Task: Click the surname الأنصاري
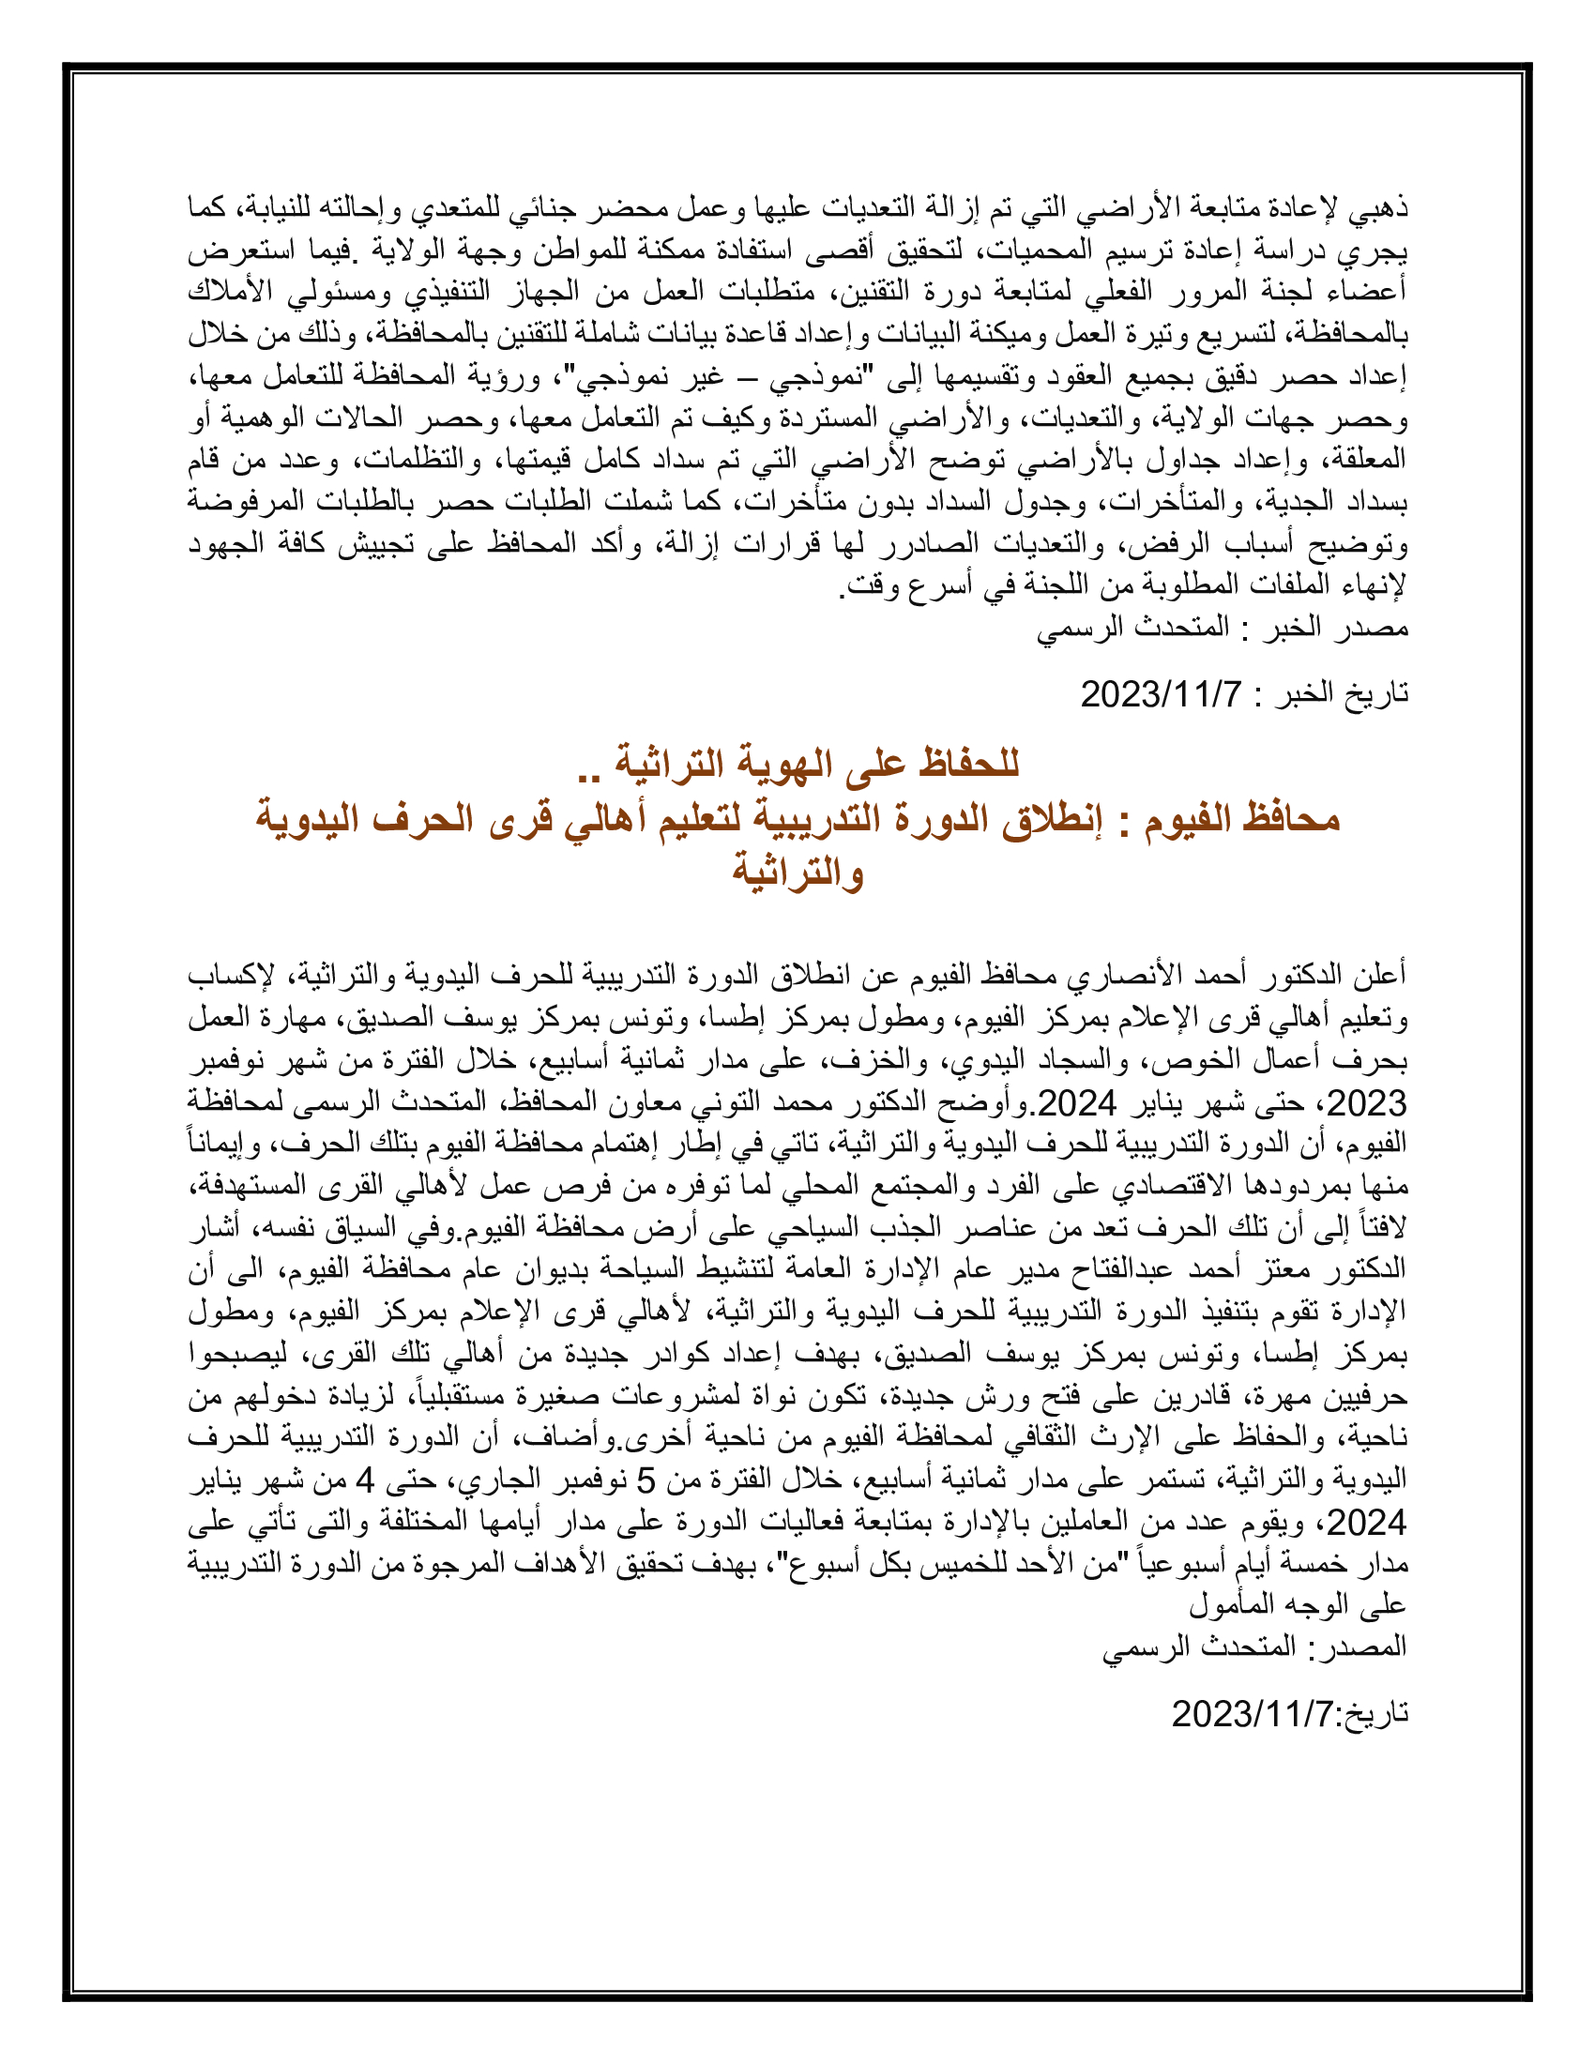pyautogui.click(x=1135, y=975)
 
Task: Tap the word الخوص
pyautogui.click(x=1190, y=1059)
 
